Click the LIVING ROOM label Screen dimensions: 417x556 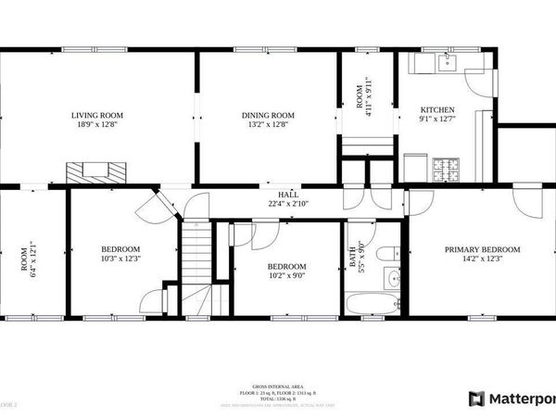coord(97,115)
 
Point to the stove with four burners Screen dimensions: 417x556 coord(444,170)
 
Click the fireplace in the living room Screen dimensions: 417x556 coord(96,171)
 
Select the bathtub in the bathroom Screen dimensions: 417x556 coord(372,303)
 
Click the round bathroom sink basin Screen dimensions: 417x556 coord(393,278)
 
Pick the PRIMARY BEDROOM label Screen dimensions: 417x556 coord(482,249)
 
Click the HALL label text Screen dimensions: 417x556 coord(275,196)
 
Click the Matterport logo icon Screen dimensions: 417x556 coord(476,398)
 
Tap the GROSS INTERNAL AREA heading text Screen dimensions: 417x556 coord(277,385)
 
